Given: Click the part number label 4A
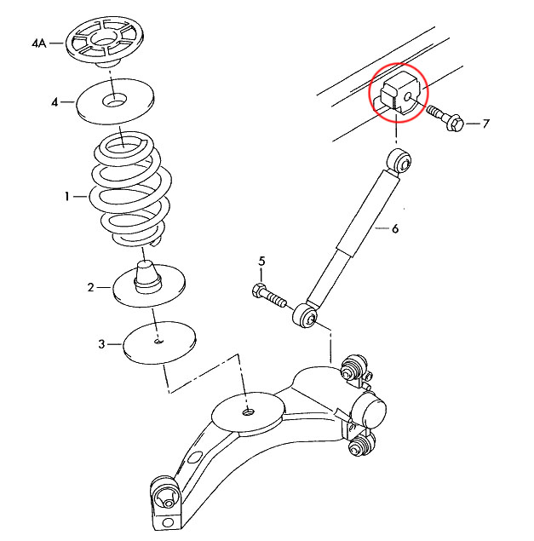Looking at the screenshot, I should coord(37,41).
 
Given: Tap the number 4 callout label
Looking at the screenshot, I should coord(55,102).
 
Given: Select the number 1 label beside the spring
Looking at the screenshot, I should coord(66,197).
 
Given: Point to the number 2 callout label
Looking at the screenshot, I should coord(91,287).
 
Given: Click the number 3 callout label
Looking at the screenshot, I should coord(101,344).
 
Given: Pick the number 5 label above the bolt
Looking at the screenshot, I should coord(262,261).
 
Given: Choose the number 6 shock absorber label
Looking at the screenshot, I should coord(394,228).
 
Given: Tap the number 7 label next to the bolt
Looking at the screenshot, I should coord(485,124).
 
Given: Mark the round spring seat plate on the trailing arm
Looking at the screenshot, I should coord(245,412).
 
